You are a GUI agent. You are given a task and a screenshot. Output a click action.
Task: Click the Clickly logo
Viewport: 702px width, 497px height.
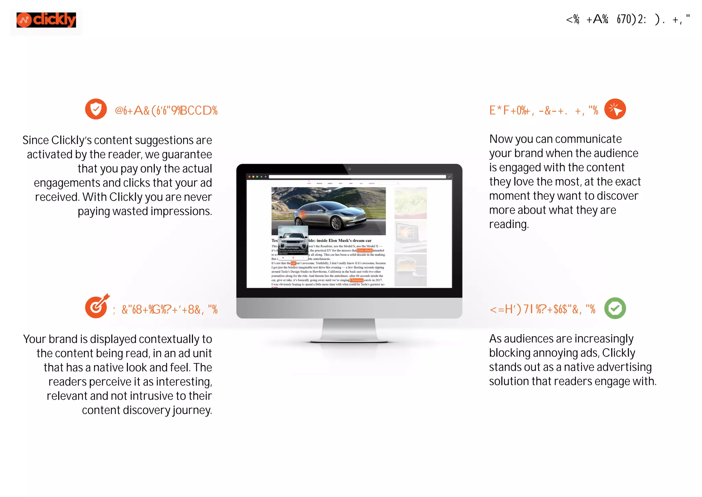tap(46, 20)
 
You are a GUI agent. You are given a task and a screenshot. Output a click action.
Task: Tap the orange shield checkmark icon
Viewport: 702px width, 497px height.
tap(96, 109)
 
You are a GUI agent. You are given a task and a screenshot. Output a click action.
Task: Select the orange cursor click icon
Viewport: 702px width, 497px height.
tap(615, 109)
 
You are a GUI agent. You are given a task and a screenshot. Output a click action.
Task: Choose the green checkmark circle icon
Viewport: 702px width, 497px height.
tap(615, 308)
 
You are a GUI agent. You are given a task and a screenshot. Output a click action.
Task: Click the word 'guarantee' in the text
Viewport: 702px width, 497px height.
tap(187, 155)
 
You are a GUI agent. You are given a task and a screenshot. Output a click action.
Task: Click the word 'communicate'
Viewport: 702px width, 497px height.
tap(588, 139)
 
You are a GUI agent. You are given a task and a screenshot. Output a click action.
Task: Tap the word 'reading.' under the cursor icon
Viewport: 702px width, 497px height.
tap(509, 225)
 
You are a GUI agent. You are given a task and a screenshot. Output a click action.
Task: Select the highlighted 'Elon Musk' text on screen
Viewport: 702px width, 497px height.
tap(364, 250)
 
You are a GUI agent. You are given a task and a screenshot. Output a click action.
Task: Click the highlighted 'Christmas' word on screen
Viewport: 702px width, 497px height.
tap(356, 280)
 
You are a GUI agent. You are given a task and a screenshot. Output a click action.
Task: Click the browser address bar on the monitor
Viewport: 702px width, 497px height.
tap(356, 177)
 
